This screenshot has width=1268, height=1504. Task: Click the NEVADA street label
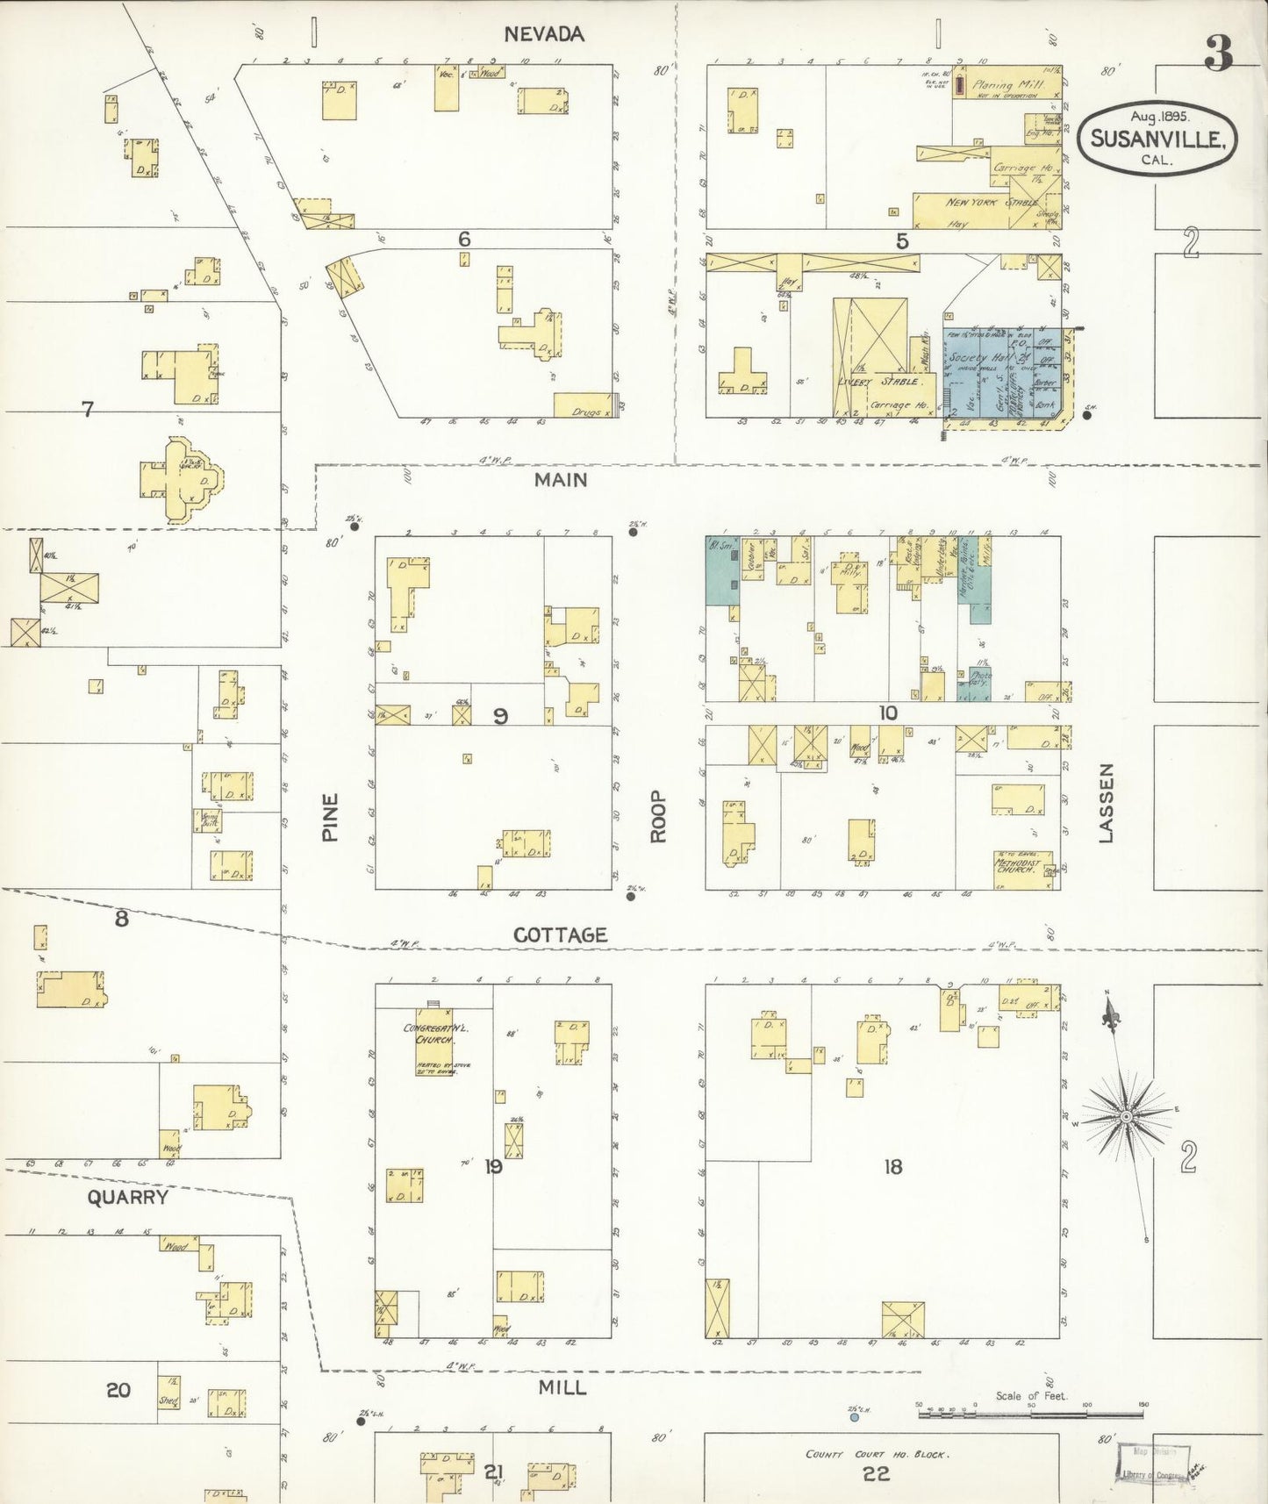tap(543, 34)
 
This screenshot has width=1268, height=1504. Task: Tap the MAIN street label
tap(561, 480)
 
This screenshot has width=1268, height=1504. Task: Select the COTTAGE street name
tap(560, 935)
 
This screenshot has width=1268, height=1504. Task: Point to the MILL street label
tap(562, 1387)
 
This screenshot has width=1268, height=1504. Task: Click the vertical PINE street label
tap(330, 818)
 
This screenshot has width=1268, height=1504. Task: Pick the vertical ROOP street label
tap(658, 818)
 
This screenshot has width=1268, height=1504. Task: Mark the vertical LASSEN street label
tap(1106, 803)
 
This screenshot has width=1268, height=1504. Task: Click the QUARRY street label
tap(127, 1197)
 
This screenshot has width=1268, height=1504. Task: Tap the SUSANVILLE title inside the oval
tap(1157, 140)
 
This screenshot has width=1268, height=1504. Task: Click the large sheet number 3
tap(1218, 54)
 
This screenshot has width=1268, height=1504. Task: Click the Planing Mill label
tap(1005, 86)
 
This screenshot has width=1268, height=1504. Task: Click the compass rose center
tap(1126, 1117)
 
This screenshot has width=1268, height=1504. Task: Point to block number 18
tap(892, 1166)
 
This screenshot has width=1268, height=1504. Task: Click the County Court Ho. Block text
tap(876, 1454)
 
